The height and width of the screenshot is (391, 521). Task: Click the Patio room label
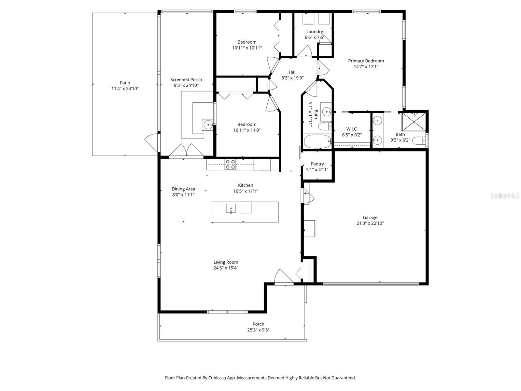coord(125,83)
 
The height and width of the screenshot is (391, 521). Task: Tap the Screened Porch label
coord(186,80)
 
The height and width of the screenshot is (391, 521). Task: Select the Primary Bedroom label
coord(366,61)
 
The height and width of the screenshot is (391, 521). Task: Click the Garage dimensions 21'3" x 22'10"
coord(370,223)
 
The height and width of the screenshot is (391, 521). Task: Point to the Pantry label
coord(317,164)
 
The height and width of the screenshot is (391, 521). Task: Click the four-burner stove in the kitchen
coord(230,164)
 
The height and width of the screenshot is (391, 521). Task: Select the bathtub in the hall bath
coord(317,141)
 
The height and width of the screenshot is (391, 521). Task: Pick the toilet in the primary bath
coord(419,141)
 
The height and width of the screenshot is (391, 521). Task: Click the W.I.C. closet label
coord(352,129)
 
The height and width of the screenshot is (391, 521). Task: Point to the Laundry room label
coord(315,32)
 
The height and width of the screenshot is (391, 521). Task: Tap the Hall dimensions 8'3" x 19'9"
coord(292,78)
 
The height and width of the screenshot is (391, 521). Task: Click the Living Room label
coord(226,262)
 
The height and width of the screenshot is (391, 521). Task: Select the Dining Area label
coord(183,189)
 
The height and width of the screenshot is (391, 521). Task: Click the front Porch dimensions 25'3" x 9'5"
coord(258,330)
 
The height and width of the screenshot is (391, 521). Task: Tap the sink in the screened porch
coord(208,125)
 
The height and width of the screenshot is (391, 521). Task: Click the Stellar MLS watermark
coord(505,195)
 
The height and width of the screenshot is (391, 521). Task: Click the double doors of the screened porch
coord(186,151)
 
